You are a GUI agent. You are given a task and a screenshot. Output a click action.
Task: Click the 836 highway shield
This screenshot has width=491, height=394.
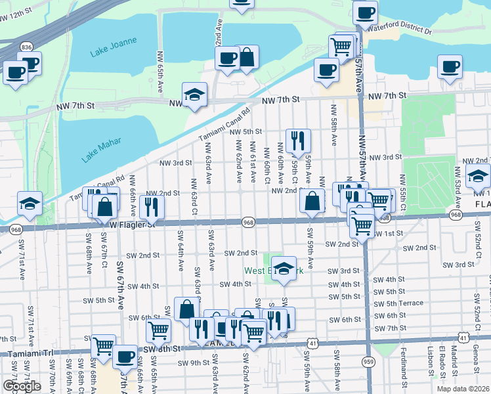pos(26,47)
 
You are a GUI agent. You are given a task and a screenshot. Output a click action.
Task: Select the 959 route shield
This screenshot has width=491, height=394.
pos(369,361)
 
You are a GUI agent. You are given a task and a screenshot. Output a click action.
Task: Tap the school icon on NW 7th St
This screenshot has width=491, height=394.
pos(195,95)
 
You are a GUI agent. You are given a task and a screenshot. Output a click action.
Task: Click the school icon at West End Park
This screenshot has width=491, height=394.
pos(283,269)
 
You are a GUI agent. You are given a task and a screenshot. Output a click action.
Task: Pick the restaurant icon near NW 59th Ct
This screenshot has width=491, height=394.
pos(298,141)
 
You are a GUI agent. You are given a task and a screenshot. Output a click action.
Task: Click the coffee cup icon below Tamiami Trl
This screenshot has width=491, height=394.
pos(124,357)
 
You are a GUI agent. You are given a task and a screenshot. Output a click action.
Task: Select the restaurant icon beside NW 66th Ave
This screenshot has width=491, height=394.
pos(152,206)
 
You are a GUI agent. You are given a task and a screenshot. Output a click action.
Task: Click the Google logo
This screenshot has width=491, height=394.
pos(22,385)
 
